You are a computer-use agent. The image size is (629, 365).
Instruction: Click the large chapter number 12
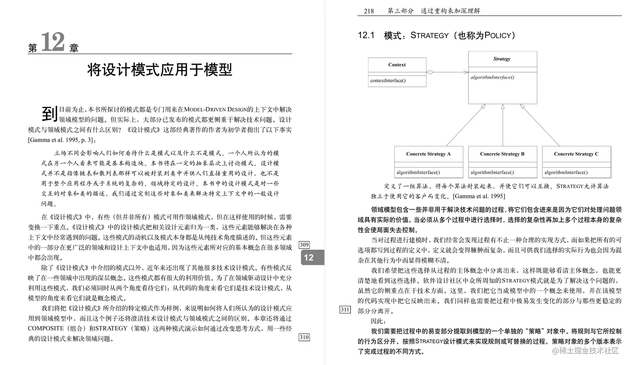pos(53,42)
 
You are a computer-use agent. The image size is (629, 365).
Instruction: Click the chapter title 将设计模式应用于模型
pos(159,69)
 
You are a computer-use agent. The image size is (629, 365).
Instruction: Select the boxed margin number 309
pos(304,245)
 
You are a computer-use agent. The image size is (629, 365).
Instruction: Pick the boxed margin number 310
pos(304,337)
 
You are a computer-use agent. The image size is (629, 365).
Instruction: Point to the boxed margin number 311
pos(345,309)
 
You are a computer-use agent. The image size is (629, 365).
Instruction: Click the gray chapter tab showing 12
pos(309,257)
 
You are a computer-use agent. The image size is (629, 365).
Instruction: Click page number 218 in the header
pos(369,11)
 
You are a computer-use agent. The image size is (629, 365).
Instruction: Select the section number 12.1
pos(366,35)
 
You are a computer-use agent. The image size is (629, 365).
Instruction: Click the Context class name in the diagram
pos(397,65)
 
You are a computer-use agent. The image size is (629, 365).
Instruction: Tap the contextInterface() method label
pos(388,81)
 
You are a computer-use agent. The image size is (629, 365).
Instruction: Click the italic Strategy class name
pos(502,59)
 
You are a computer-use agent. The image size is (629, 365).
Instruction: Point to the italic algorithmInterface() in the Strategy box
pos(492,77)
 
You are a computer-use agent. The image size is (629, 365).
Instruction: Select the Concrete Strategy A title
pos(428,154)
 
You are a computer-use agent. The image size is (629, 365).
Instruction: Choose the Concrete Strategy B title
pos(502,154)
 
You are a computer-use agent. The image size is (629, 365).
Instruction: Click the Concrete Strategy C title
pos(576,154)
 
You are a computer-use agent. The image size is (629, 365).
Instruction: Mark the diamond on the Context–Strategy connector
pos(430,72)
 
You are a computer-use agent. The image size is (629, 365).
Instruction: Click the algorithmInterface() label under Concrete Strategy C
pos(566,172)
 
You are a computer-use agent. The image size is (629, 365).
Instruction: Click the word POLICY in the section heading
pos(498,36)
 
